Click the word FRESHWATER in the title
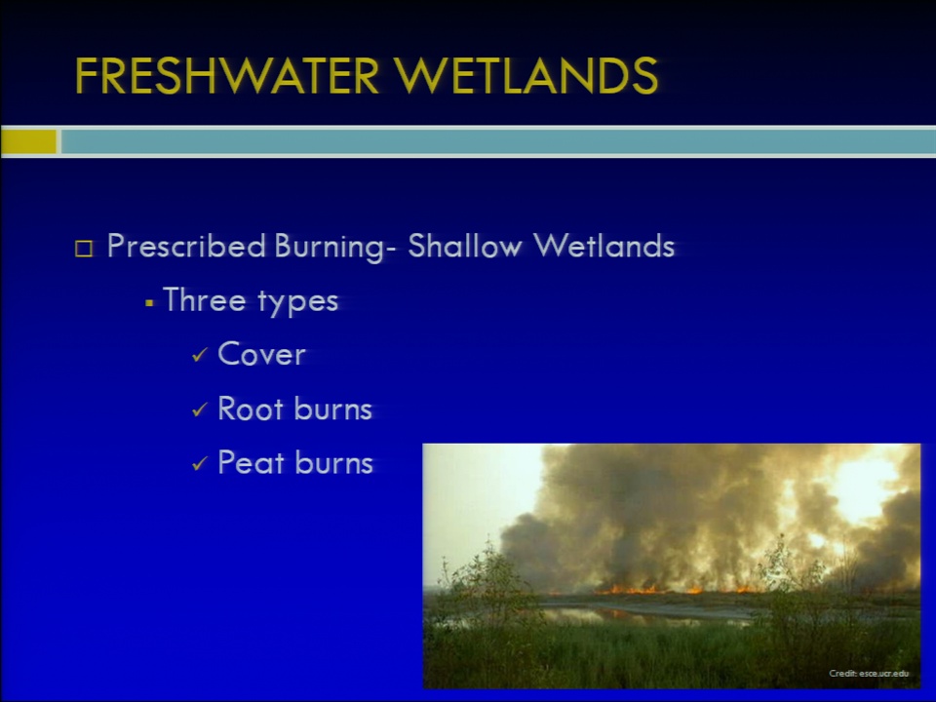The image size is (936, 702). click(227, 76)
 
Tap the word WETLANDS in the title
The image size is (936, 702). click(526, 76)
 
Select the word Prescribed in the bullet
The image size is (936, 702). click(186, 246)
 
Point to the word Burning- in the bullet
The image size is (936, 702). click(335, 247)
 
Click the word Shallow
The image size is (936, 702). click(465, 246)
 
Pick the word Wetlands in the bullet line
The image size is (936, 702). click(604, 246)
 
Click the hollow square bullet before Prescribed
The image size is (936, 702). click(84, 249)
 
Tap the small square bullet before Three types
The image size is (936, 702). click(149, 303)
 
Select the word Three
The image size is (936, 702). click(204, 299)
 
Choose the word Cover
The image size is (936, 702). click(261, 353)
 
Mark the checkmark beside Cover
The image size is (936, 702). click(200, 355)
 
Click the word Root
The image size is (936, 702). click(251, 409)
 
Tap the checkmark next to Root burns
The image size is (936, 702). click(200, 409)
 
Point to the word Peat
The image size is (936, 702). click(251, 462)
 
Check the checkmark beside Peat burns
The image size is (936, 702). click(200, 463)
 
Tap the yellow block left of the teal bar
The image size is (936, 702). click(28, 142)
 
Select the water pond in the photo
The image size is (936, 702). click(644, 613)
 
